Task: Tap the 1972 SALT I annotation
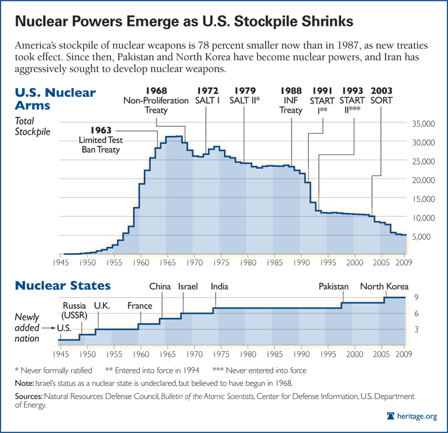click(207, 95)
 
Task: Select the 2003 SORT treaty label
click(382, 95)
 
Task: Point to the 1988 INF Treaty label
click(291, 101)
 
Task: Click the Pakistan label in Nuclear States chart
click(333, 287)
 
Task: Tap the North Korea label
click(384, 287)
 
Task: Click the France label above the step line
click(139, 306)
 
